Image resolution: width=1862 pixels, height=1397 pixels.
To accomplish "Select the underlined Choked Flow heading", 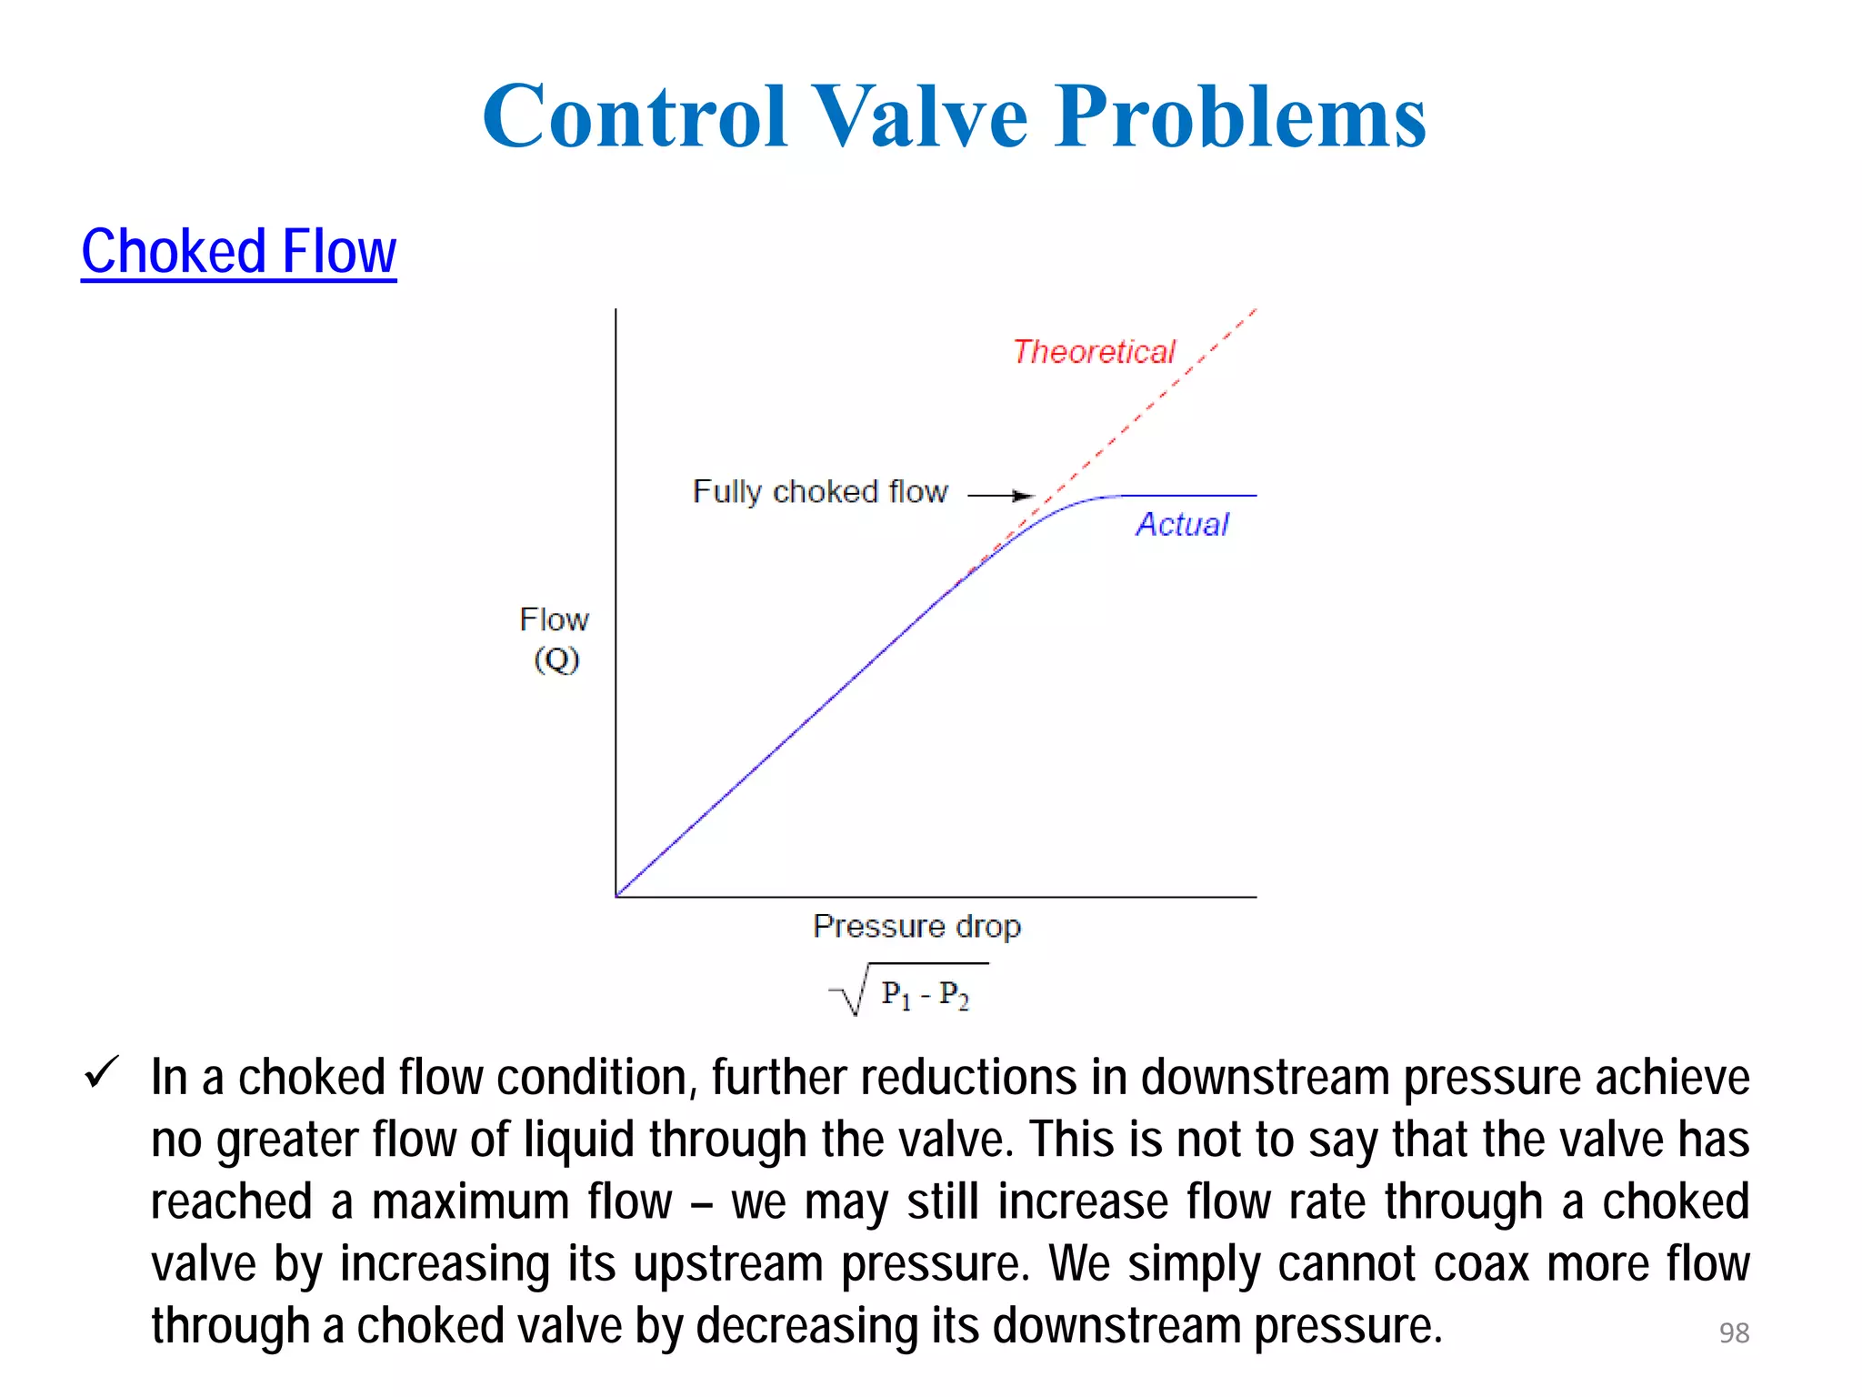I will click(239, 252).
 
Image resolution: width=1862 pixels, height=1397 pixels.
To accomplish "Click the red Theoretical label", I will click(1094, 352).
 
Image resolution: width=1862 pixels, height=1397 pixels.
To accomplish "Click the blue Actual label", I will click(1182, 525).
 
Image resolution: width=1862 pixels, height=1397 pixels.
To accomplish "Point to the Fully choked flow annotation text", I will click(820, 492).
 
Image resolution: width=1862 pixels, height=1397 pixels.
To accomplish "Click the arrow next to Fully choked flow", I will click(1001, 496).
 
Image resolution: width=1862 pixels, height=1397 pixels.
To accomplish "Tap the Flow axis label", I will click(554, 620).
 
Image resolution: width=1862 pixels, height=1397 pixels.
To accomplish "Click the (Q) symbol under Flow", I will click(556, 659).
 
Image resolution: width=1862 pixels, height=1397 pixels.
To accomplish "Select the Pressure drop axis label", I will click(916, 927).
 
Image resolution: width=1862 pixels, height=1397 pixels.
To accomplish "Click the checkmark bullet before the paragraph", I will click(101, 1073).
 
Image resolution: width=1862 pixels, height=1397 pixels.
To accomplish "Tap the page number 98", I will click(1734, 1332).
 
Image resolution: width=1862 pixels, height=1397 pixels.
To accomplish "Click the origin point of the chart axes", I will click(616, 897).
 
